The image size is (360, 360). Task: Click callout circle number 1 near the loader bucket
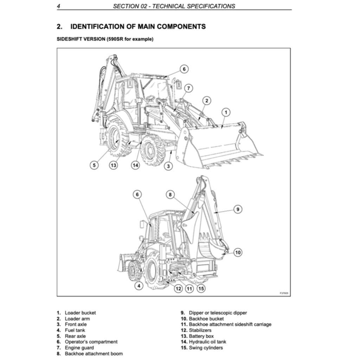tap(226, 112)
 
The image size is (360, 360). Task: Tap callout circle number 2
tap(207, 101)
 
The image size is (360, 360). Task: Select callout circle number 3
tap(169, 166)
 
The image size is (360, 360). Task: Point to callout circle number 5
tap(94, 165)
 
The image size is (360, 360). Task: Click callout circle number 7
tap(188, 88)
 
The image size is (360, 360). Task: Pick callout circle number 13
tap(113, 165)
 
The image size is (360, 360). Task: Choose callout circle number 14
tap(135, 165)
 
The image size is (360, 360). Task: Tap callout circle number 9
tap(238, 209)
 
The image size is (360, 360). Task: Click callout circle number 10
tap(238, 252)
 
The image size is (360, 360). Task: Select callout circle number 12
tap(179, 289)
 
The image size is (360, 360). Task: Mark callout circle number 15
tap(201, 289)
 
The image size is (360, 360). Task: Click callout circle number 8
tap(170, 194)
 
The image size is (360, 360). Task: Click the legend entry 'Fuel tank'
tap(75, 330)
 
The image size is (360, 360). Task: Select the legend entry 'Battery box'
tap(201, 336)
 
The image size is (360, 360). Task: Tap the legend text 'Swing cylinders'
tap(206, 348)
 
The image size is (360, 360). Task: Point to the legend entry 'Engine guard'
tap(79, 348)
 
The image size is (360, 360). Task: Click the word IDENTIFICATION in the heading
tap(97, 26)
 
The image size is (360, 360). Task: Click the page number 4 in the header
tap(59, 6)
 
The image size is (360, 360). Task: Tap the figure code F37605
tap(284, 293)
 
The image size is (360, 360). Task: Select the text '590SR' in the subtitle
tap(113, 39)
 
